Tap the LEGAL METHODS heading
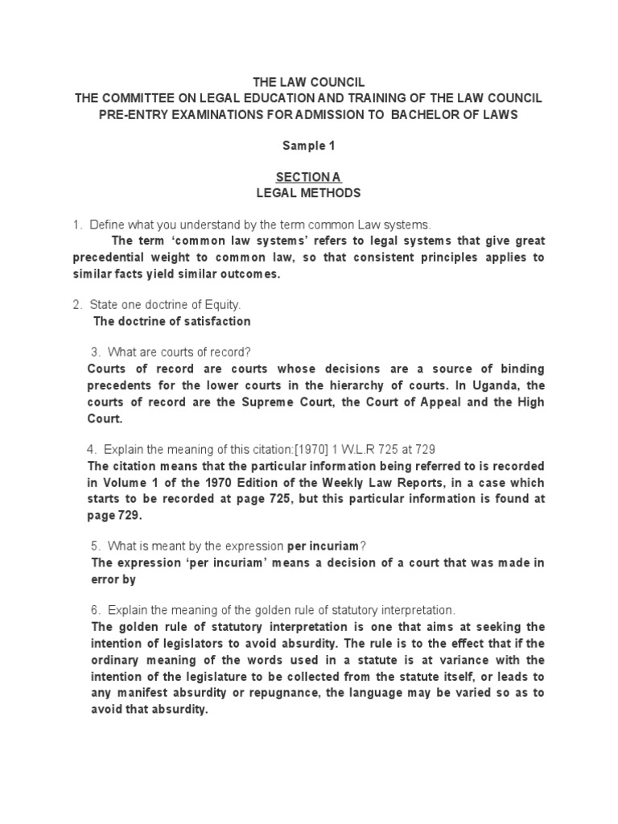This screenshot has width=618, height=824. tap(308, 193)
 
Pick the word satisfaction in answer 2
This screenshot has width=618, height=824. tap(211, 321)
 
